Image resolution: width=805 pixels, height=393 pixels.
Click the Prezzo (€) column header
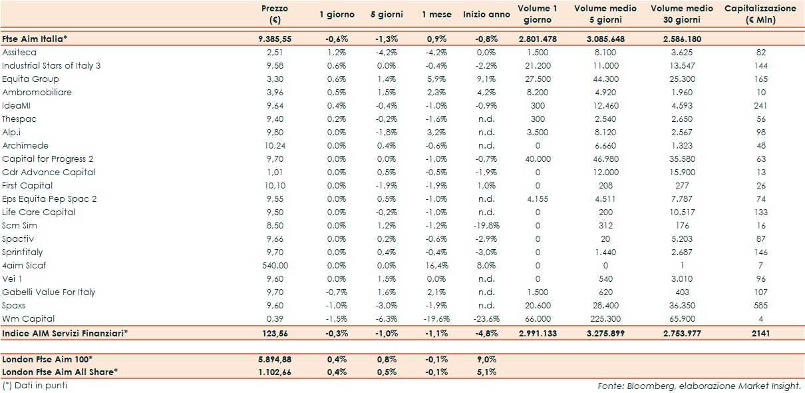[274, 14]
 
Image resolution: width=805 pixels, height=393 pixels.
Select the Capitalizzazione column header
[760, 14]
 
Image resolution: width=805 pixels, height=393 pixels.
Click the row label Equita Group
[31, 79]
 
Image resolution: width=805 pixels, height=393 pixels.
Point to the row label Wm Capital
[29, 318]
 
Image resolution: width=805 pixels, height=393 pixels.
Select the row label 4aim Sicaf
[24, 265]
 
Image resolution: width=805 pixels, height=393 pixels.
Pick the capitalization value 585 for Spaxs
[760, 305]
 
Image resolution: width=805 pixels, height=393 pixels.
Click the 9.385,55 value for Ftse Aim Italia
[275, 39]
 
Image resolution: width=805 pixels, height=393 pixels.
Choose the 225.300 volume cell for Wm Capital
[605, 318]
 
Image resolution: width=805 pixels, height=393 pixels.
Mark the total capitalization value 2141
[760, 332]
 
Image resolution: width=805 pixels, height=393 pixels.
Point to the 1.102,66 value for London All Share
[275, 372]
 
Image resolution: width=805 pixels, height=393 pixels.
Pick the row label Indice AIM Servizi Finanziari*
[65, 332]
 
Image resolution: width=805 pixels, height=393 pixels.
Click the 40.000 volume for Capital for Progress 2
[538, 159]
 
